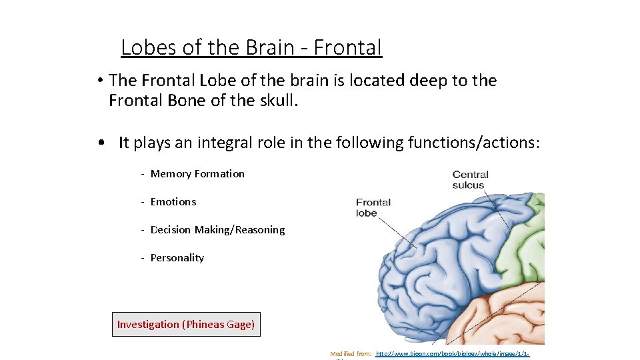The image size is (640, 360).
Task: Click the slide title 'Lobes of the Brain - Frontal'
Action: [251, 48]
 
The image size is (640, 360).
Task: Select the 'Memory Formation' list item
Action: [197, 174]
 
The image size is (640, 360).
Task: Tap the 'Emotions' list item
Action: [173, 202]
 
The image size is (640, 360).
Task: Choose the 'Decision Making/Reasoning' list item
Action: [217, 230]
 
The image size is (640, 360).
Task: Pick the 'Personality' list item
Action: [177, 258]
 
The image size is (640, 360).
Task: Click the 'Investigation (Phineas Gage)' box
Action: [186, 325]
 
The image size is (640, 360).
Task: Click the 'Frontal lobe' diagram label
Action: [373, 208]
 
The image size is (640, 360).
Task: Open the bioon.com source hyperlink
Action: [453, 354]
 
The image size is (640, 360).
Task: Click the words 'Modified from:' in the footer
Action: [351, 354]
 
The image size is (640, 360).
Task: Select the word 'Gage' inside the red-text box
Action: [239, 325]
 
